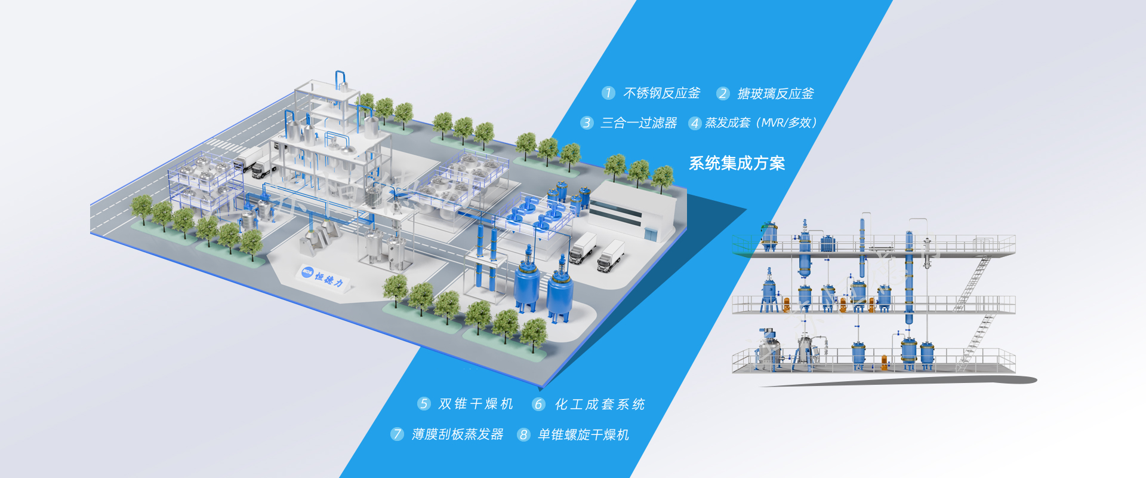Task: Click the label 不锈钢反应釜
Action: pos(661,93)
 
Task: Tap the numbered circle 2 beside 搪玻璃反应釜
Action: pos(723,94)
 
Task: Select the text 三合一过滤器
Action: pos(639,123)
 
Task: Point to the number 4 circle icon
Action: pos(694,124)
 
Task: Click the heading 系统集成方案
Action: pos(737,163)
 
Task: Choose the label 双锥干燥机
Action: pos(476,405)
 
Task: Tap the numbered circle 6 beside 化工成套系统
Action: pos(538,405)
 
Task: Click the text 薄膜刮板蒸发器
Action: pos(458,434)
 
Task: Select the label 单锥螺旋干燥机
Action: pos(583,435)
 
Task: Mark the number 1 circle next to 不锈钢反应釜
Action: pos(608,93)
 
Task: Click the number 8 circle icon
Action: pos(523,435)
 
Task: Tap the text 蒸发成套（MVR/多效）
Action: pos(761,123)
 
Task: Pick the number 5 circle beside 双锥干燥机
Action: pos(424,405)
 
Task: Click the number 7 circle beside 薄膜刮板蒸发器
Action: pos(398,434)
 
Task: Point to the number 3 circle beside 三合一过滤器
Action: pos(587,123)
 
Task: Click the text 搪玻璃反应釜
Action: pos(775,94)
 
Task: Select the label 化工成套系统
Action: pos(600,405)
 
